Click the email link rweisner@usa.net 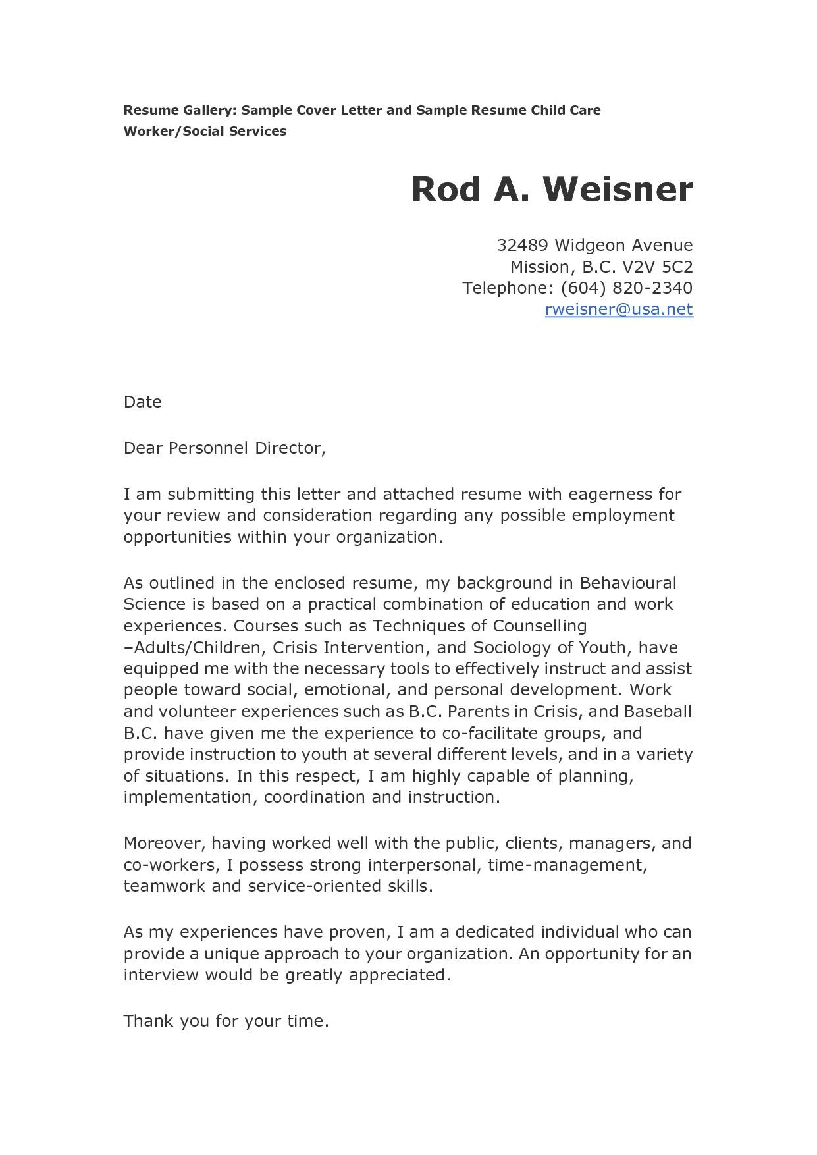coord(618,309)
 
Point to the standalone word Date coord(142,402)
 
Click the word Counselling coord(539,625)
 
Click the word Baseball coord(657,711)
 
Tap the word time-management coord(567,865)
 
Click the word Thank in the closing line coord(148,1021)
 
